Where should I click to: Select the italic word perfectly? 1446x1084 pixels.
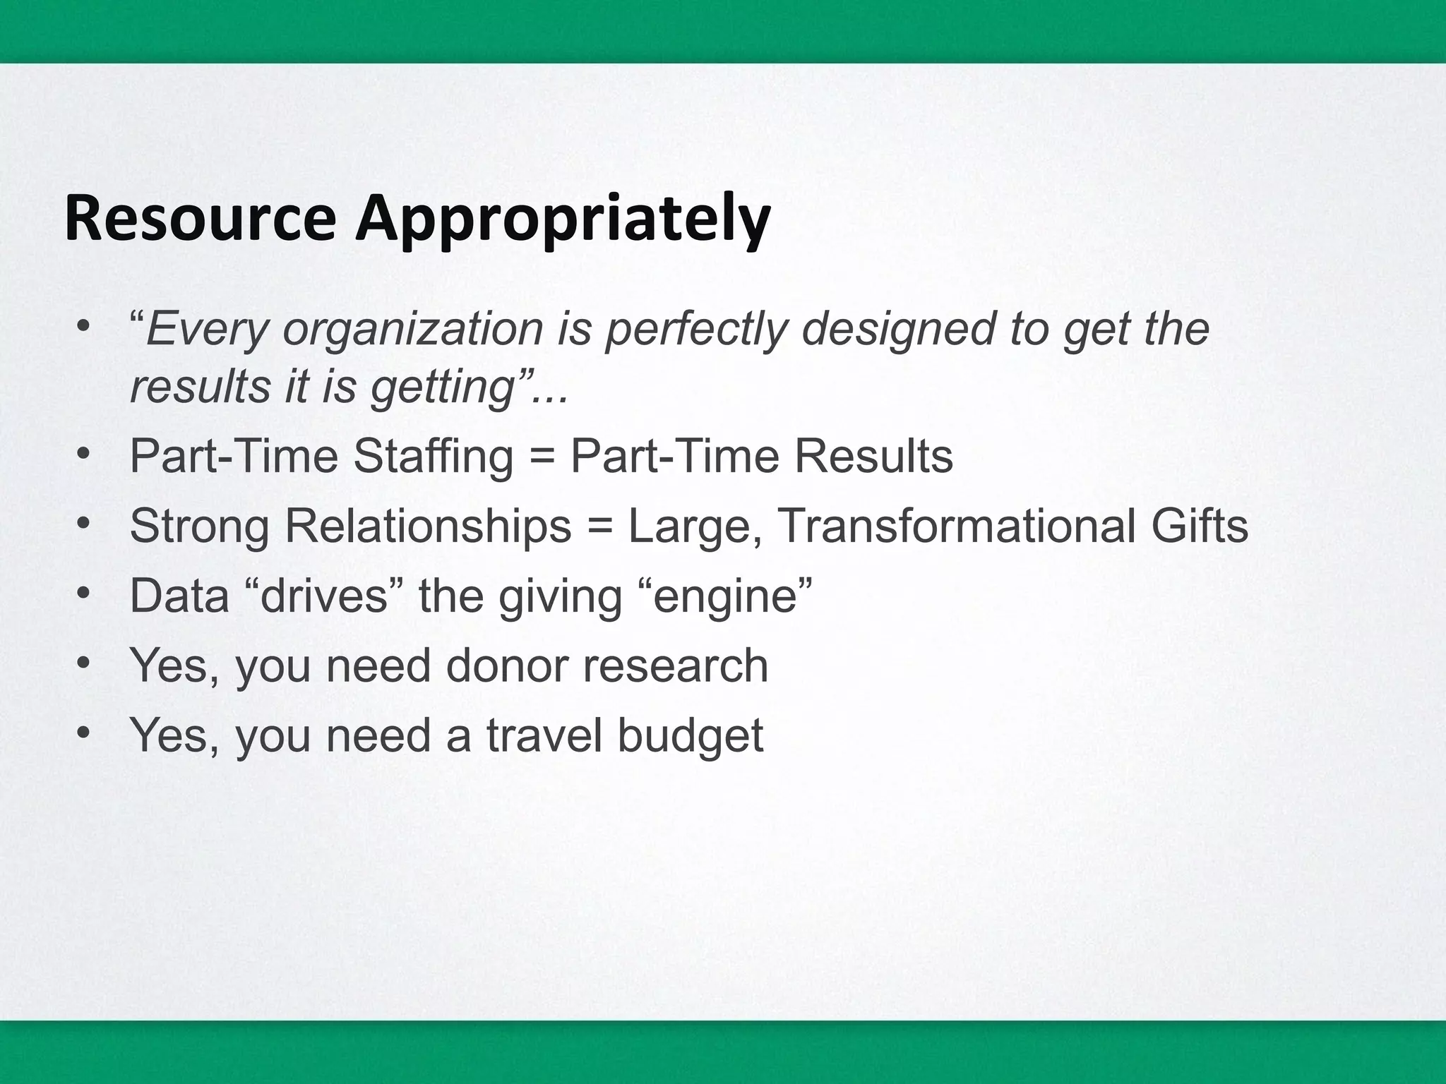[696, 330]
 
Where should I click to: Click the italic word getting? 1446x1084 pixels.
[442, 389]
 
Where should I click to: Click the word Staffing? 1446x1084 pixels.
[433, 457]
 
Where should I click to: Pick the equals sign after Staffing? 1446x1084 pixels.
[542, 457]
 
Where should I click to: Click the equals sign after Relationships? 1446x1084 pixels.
[599, 526]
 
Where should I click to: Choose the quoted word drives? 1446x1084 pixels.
[325, 596]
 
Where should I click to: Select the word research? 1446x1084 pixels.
[675, 666]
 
